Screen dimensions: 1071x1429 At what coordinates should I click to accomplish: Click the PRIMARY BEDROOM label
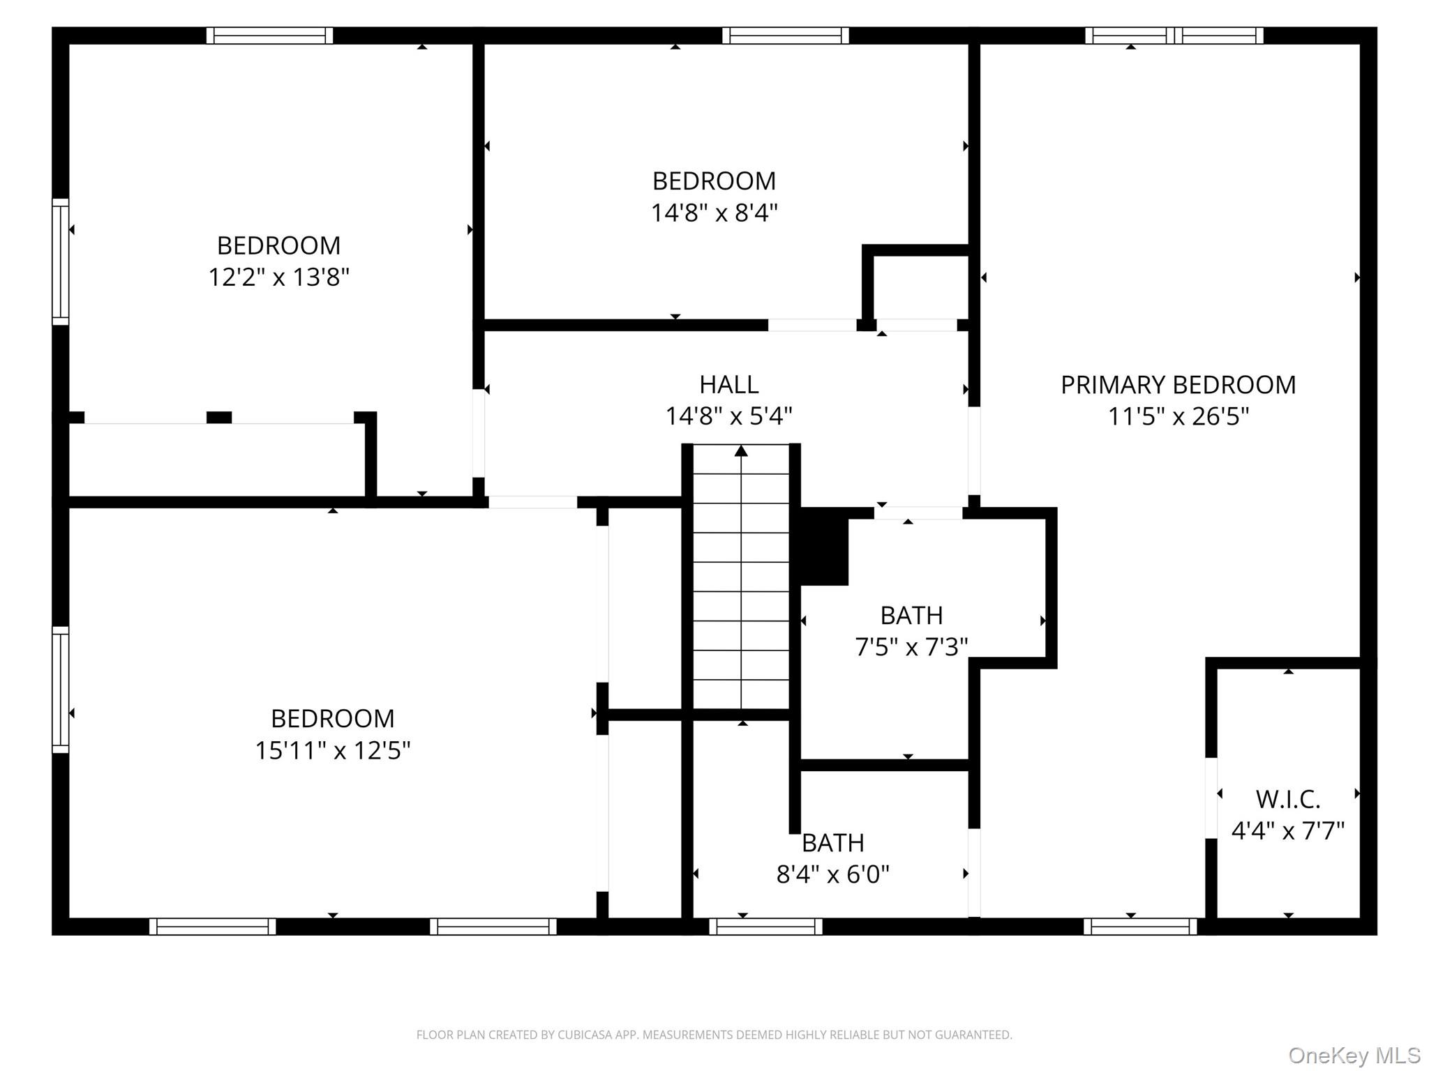(1178, 385)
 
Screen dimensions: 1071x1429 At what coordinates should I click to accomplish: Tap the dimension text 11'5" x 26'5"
(1178, 417)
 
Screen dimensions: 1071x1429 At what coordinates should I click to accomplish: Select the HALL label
(728, 385)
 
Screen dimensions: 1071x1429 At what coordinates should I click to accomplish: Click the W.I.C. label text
(1287, 799)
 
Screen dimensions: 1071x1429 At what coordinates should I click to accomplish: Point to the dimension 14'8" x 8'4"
(714, 213)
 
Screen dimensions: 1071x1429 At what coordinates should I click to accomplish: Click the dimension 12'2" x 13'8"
(278, 278)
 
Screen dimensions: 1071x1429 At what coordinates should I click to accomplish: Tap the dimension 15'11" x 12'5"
(332, 751)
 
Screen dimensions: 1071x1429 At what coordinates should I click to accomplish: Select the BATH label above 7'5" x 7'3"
(911, 616)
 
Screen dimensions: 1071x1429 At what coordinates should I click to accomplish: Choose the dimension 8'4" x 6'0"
(832, 874)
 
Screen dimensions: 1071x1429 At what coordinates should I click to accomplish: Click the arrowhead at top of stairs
(741, 451)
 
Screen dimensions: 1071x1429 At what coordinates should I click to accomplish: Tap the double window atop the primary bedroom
(1174, 36)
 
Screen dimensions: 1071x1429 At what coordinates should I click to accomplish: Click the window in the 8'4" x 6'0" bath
(765, 927)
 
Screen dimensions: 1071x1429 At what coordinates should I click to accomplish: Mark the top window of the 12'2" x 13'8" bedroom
(269, 36)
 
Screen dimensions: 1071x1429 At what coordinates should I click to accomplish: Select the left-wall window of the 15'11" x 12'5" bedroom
(61, 690)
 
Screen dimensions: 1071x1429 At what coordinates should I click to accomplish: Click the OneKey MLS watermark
(1354, 1055)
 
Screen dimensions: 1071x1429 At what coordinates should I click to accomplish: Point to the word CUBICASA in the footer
(585, 1035)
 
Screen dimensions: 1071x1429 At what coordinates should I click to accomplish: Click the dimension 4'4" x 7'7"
(1287, 831)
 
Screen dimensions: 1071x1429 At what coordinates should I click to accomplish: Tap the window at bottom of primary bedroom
(1140, 927)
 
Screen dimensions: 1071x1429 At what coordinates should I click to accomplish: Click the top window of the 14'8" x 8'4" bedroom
(785, 36)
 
